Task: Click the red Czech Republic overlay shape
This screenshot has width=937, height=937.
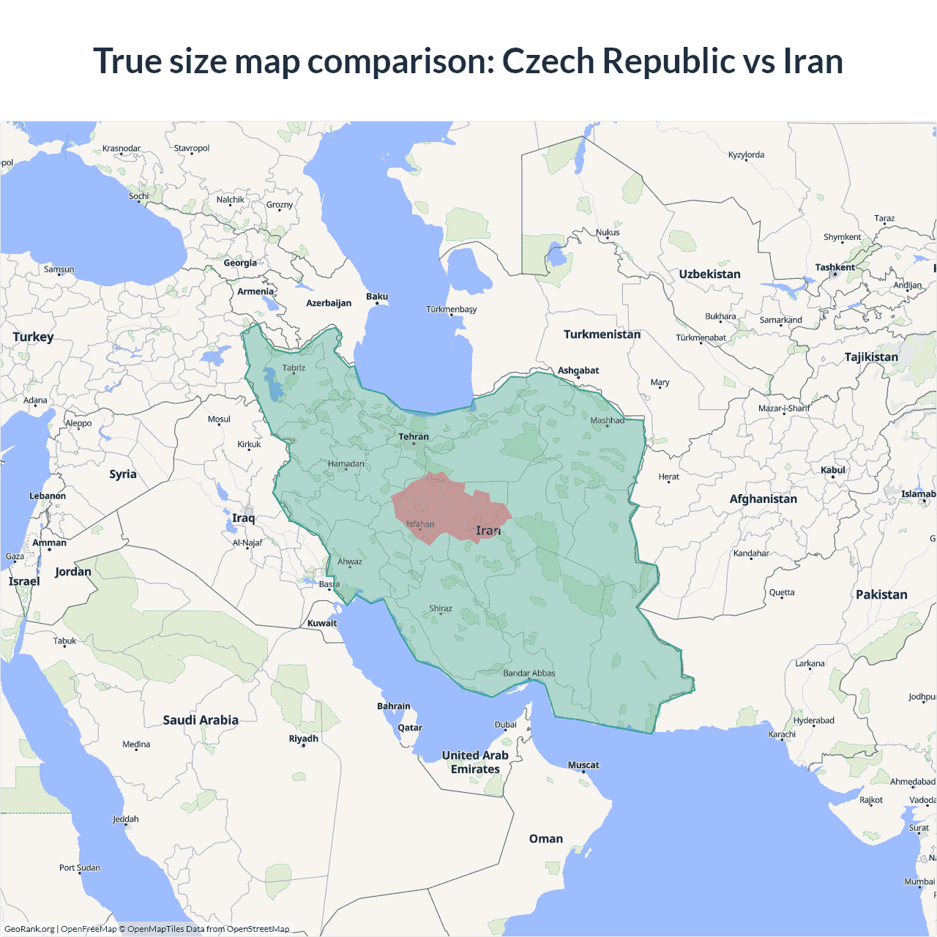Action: tap(447, 505)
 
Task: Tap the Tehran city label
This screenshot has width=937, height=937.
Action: tap(414, 437)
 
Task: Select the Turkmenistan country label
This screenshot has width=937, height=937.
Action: tap(602, 335)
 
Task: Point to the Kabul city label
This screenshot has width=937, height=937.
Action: tap(833, 470)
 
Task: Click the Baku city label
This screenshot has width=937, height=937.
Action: tap(377, 296)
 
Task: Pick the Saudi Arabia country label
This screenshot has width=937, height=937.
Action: tap(201, 720)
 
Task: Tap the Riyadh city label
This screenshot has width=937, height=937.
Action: tap(304, 739)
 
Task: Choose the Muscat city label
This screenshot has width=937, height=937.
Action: tap(583, 765)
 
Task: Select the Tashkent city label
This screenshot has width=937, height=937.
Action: tap(835, 267)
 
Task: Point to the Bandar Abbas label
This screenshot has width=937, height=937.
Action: tap(529, 673)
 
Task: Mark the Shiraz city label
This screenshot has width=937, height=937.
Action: tap(441, 608)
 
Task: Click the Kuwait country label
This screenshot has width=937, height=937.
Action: tap(322, 624)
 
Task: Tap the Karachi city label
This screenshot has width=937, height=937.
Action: tap(782, 734)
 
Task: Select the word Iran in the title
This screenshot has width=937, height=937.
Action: tap(813, 61)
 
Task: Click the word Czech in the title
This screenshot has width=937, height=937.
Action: tap(548, 61)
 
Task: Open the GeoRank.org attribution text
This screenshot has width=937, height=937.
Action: tap(29, 929)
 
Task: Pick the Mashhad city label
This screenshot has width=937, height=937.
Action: tap(608, 420)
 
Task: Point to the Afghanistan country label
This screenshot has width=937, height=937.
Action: tap(764, 499)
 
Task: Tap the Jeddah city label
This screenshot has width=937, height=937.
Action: tap(126, 819)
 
